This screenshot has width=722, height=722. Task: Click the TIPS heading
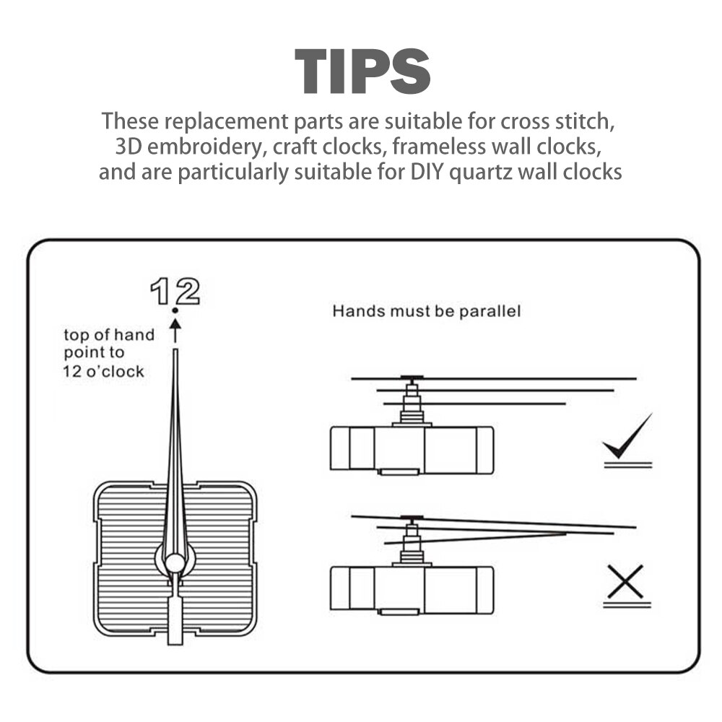pyautogui.click(x=362, y=71)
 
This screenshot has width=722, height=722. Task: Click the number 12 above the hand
pyautogui.click(x=175, y=292)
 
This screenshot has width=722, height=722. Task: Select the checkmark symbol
pyautogui.click(x=628, y=438)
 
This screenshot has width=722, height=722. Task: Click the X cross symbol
pyautogui.click(x=625, y=582)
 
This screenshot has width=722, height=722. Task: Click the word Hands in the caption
pyautogui.click(x=353, y=312)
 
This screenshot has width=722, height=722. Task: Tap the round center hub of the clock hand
pyautogui.click(x=175, y=562)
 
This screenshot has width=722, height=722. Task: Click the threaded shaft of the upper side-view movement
pyautogui.click(x=412, y=413)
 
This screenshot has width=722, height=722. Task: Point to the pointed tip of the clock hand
pyautogui.click(x=175, y=352)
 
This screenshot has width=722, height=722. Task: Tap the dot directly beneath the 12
pyautogui.click(x=175, y=311)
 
